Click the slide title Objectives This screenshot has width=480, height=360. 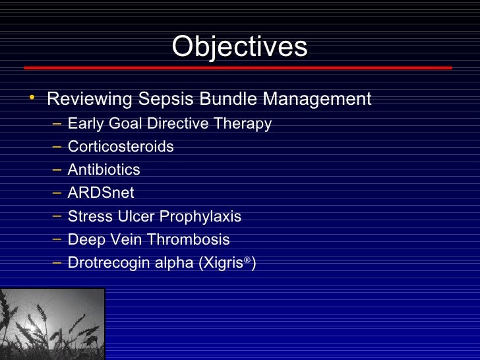click(239, 46)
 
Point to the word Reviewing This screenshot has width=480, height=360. click(90, 100)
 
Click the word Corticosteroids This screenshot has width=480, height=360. click(121, 146)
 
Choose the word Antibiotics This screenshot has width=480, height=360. click(104, 169)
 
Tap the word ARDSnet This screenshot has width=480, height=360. click(100, 193)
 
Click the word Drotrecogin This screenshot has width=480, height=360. click(109, 263)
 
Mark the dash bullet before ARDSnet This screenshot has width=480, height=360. click(57, 193)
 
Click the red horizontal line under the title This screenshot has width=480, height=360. click(237, 67)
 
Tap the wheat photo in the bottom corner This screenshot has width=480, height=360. click(52, 324)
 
